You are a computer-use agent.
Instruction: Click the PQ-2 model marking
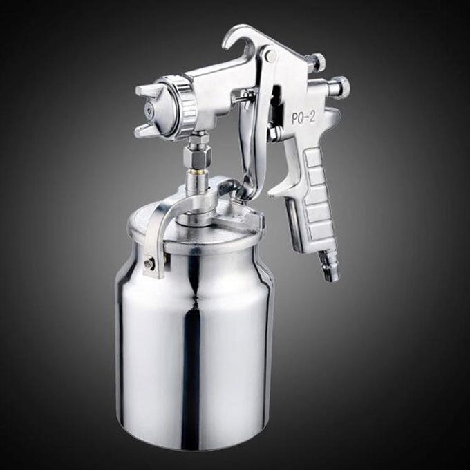[303, 117]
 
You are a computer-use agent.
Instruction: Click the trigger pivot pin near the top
[271, 55]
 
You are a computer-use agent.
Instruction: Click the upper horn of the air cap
[149, 89]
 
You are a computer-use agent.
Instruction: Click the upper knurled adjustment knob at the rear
[319, 62]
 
